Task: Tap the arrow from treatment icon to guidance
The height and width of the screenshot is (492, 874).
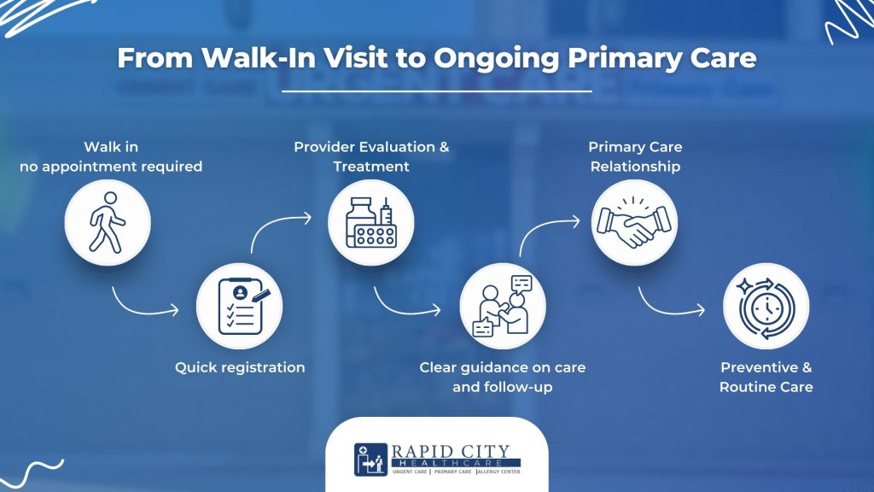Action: click(x=406, y=301)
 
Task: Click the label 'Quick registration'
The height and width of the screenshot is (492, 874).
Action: click(x=240, y=367)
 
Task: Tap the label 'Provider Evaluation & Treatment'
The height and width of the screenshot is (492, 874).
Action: click(x=371, y=156)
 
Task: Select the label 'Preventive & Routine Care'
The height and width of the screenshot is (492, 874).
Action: click(x=766, y=377)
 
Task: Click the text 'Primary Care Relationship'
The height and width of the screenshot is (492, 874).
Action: click(x=635, y=156)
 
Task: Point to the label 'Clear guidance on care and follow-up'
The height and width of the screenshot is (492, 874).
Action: click(x=503, y=377)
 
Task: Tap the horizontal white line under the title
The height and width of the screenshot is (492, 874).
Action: click(x=436, y=91)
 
